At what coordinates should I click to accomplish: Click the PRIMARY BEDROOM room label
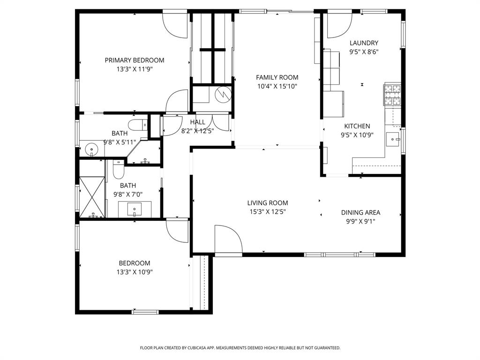pyautogui.click(x=134, y=60)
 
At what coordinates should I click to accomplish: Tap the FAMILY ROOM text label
pyautogui.click(x=277, y=77)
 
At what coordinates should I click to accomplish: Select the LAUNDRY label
pyautogui.click(x=364, y=43)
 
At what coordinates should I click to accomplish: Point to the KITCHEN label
pyautogui.click(x=357, y=126)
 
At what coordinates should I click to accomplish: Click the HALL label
pyautogui.click(x=197, y=122)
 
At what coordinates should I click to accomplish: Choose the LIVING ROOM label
pyautogui.click(x=268, y=203)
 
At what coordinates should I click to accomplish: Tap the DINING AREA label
pyautogui.click(x=360, y=212)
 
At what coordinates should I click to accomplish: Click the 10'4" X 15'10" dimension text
pyautogui.click(x=277, y=86)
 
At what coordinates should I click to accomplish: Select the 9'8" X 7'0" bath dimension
pyautogui.click(x=127, y=195)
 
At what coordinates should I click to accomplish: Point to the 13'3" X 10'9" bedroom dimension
pyautogui.click(x=134, y=272)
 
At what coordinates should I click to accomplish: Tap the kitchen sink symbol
pyautogui.click(x=393, y=139)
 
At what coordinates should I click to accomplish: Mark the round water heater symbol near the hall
pyautogui.click(x=223, y=95)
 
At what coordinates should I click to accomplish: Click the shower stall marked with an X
pyautogui.click(x=92, y=197)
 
